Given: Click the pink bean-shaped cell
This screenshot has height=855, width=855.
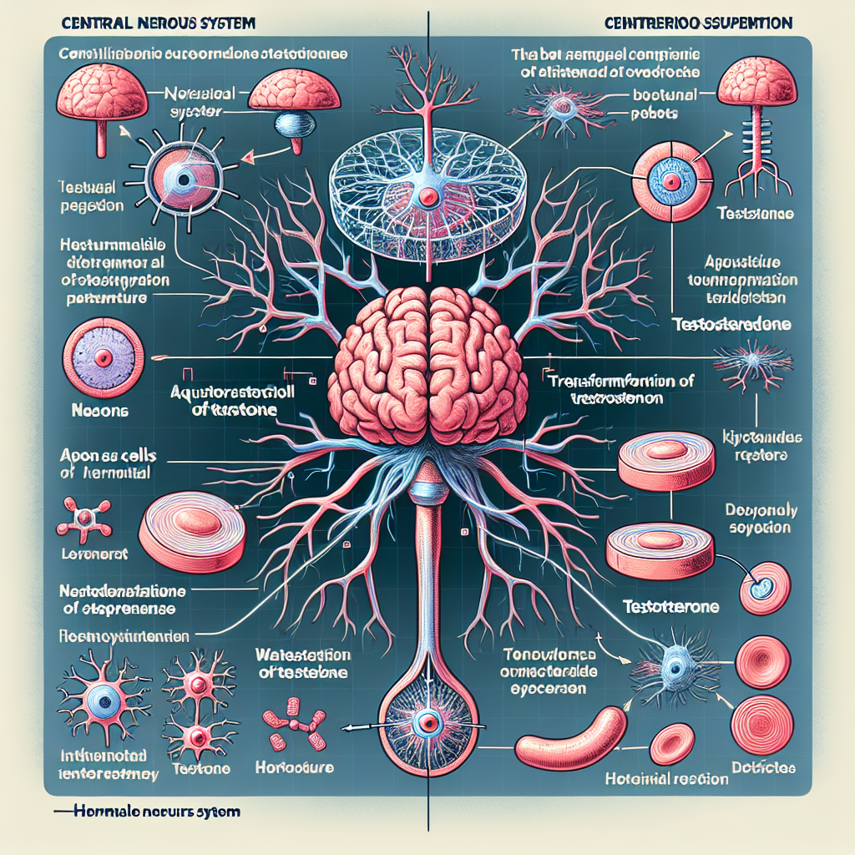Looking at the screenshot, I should (x=569, y=739).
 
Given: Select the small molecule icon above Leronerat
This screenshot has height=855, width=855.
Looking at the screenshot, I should (x=83, y=519).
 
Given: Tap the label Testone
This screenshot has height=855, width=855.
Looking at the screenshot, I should (x=201, y=769).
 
